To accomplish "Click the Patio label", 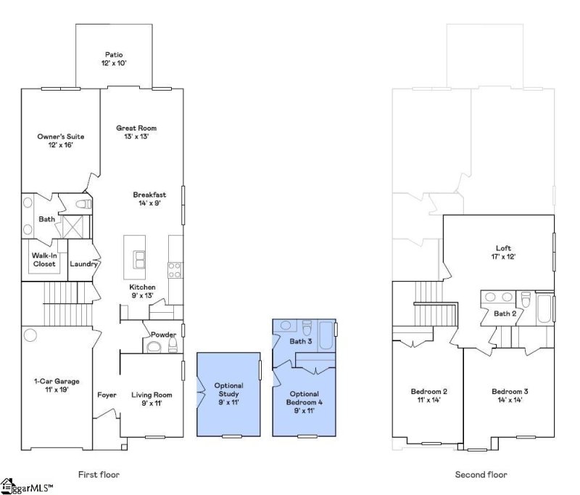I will coord(113,54).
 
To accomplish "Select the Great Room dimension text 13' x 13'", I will coord(136,136).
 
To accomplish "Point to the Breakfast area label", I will coord(149,195).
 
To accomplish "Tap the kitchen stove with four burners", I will coord(175,269).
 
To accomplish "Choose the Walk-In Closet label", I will coord(44,260).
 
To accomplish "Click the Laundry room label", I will coord(83,264).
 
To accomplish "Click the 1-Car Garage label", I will coord(57,381).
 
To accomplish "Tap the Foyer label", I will coord(107,395).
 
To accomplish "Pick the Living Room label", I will coord(152,395).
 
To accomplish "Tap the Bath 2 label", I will coord(505,314).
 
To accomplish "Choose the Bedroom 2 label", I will coord(429,392).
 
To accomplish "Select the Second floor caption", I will coord(481,475).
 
